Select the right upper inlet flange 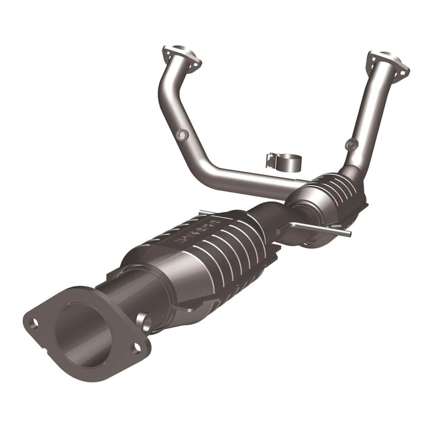(x=387, y=64)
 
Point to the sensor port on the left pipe (x=182, y=134)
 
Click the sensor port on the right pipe (x=350, y=145)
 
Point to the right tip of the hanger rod (x=348, y=233)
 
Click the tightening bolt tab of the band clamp (x=270, y=160)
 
